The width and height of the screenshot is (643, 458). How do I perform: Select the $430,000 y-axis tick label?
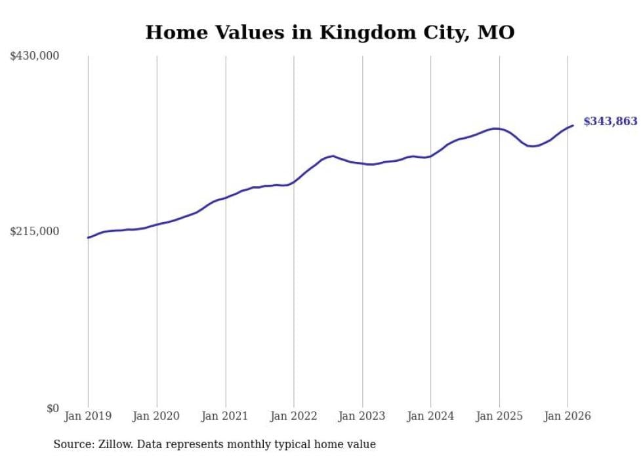(35, 56)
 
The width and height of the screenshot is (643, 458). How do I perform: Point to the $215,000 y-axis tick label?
(35, 232)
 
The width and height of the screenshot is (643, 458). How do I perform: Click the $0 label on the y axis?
(52, 409)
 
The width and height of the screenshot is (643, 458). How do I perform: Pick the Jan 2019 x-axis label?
(88, 416)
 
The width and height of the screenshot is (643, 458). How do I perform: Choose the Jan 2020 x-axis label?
(157, 416)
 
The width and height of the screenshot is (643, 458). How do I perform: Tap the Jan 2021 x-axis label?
(225, 416)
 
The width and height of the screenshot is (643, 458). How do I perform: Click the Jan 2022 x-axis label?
(294, 416)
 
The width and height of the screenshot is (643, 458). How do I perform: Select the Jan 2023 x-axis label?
(362, 416)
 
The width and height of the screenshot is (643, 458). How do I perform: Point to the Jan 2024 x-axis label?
(430, 416)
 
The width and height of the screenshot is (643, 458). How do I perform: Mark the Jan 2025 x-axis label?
(499, 416)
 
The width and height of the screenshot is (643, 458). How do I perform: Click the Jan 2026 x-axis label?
(568, 416)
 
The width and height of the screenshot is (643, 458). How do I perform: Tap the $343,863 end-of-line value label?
(610, 121)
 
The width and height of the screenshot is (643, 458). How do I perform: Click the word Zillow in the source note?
(116, 444)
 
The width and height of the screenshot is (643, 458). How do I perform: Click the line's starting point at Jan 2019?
(88, 237)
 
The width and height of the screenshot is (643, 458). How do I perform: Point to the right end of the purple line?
(573, 125)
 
